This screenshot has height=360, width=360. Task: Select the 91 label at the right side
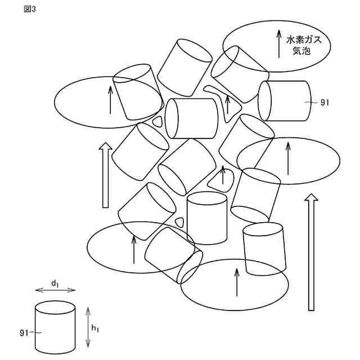[325, 102]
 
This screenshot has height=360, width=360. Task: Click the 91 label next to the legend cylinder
[24, 333]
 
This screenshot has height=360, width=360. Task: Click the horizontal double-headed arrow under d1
[55, 290]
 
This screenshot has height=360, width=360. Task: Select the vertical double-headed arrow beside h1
[87, 327]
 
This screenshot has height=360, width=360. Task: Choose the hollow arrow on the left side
[105, 174]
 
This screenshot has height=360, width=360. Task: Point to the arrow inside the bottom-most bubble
[237, 281]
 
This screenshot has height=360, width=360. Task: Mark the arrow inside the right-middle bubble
[288, 158]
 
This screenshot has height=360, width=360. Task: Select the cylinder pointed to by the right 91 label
[286, 101]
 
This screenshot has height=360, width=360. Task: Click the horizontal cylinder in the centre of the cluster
[191, 118]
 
